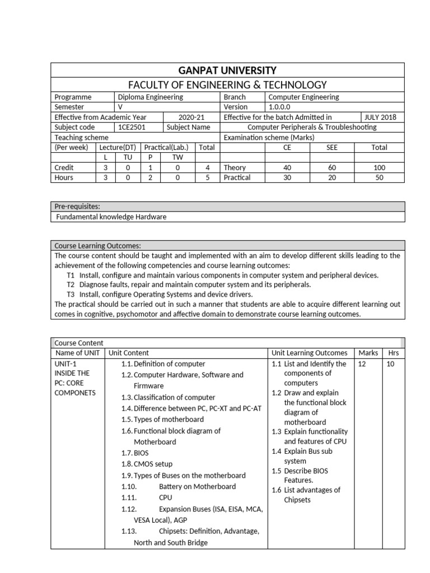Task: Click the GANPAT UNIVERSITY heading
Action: [x=227, y=71]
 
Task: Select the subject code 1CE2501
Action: [x=130, y=127]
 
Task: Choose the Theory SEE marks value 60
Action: [x=333, y=167]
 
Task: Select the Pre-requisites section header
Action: [x=77, y=206]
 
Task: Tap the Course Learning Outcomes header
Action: [x=97, y=246]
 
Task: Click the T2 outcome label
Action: [x=71, y=284]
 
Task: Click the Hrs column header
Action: [x=394, y=353]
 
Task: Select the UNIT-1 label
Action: [x=66, y=364]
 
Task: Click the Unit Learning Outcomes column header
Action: [x=309, y=353]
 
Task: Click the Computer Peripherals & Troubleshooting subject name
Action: [x=312, y=127]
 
